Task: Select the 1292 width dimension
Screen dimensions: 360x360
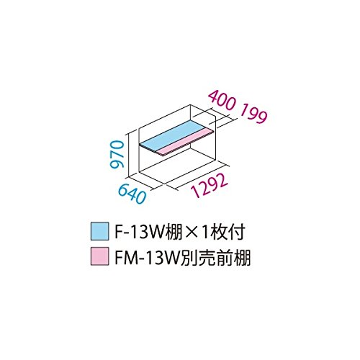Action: (x=209, y=185)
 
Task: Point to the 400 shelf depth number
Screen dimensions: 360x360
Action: (x=220, y=101)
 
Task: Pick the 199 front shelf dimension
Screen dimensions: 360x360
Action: (x=253, y=114)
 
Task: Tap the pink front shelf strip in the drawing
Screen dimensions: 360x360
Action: (x=186, y=142)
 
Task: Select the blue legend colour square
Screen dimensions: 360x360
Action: (x=99, y=231)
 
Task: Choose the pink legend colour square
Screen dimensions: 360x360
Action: (x=99, y=256)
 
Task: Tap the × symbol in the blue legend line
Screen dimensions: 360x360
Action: (x=192, y=233)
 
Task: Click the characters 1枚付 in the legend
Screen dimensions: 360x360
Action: (x=223, y=232)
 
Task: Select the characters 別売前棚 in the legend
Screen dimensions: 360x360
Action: (x=215, y=257)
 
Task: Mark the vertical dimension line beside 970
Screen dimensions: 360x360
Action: (x=129, y=155)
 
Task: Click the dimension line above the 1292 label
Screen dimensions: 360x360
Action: (x=196, y=177)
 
